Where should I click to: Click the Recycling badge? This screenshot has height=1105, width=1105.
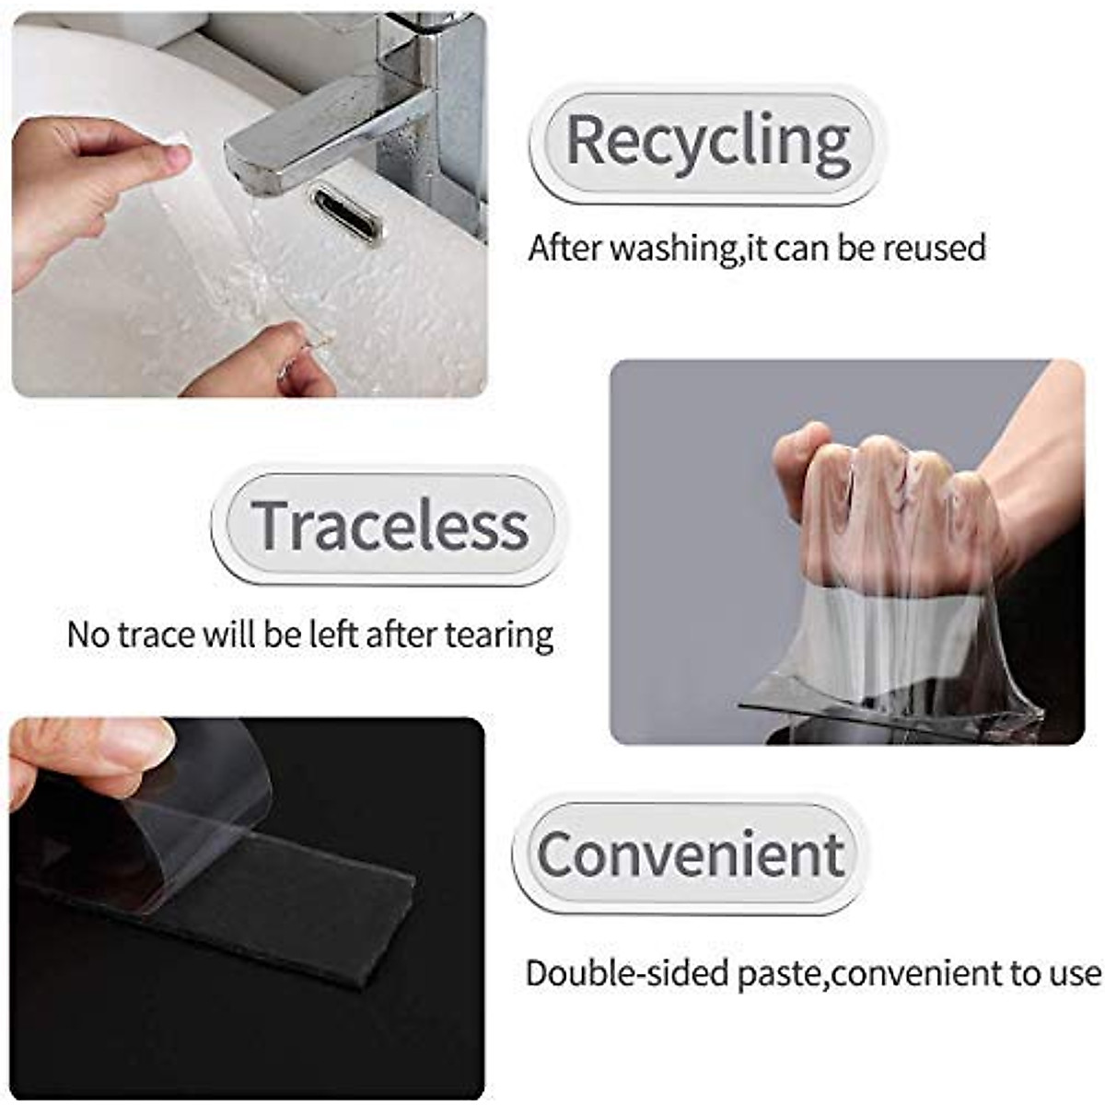[707, 143]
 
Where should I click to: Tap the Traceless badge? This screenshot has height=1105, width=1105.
[390, 525]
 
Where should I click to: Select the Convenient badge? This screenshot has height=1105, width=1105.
[691, 854]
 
